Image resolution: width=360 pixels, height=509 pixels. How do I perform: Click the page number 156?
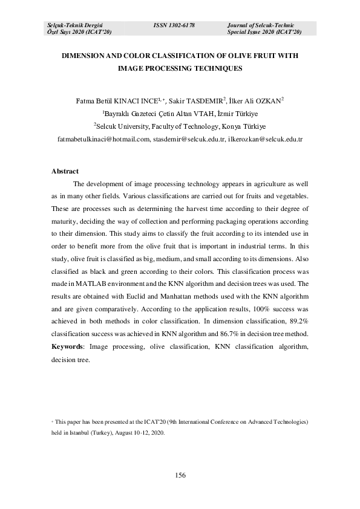coord(180,475)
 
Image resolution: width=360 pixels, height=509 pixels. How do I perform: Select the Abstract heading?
coord(65,171)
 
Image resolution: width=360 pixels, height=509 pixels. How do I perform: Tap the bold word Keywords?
coord(70,346)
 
